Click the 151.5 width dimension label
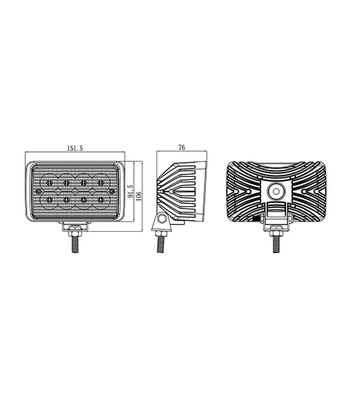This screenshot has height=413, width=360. [x=75, y=149]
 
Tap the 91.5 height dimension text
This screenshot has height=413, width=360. [x=131, y=191]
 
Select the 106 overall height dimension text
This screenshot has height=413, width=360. [x=139, y=197]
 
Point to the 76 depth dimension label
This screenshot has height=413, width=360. [x=181, y=147]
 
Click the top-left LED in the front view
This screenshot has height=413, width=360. [x=49, y=183]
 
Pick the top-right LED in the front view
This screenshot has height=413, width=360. [x=101, y=183]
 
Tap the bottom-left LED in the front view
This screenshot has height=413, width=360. [x=49, y=201]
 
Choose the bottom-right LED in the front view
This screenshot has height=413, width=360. [x=101, y=201]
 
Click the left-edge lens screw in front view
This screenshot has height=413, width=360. [x=39, y=191]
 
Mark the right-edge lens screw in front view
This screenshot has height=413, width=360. [x=112, y=191]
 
